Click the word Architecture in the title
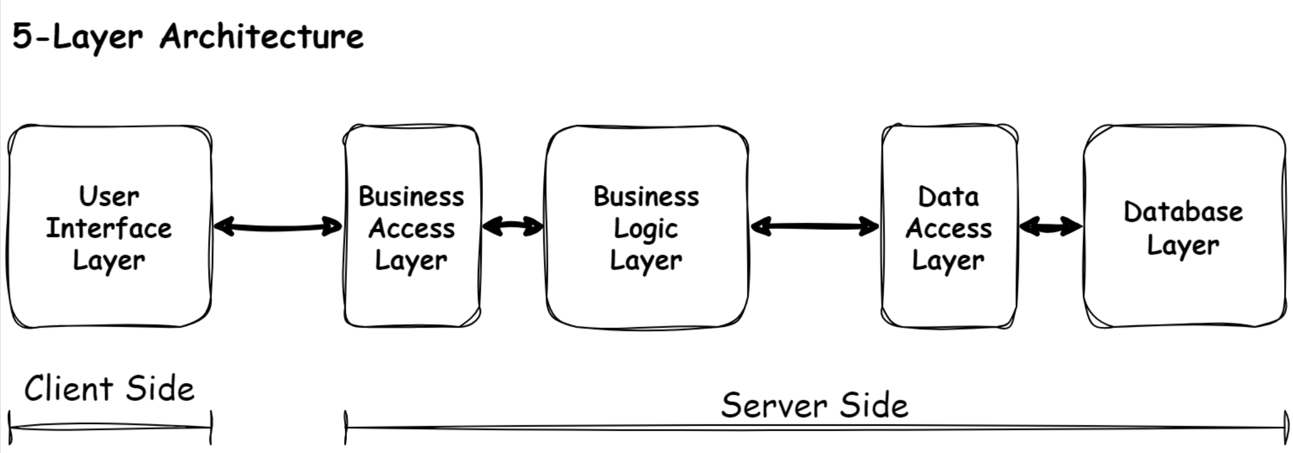tap(261, 37)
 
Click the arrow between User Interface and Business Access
tap(278, 227)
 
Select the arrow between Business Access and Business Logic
tap(512, 226)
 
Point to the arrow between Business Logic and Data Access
tap(814, 226)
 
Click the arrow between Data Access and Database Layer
tap(1050, 226)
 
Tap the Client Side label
tap(109, 389)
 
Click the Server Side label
tap(814, 405)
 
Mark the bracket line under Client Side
tap(110, 428)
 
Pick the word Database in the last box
tap(1183, 212)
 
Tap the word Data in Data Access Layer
tap(948, 196)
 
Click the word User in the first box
tap(109, 196)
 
